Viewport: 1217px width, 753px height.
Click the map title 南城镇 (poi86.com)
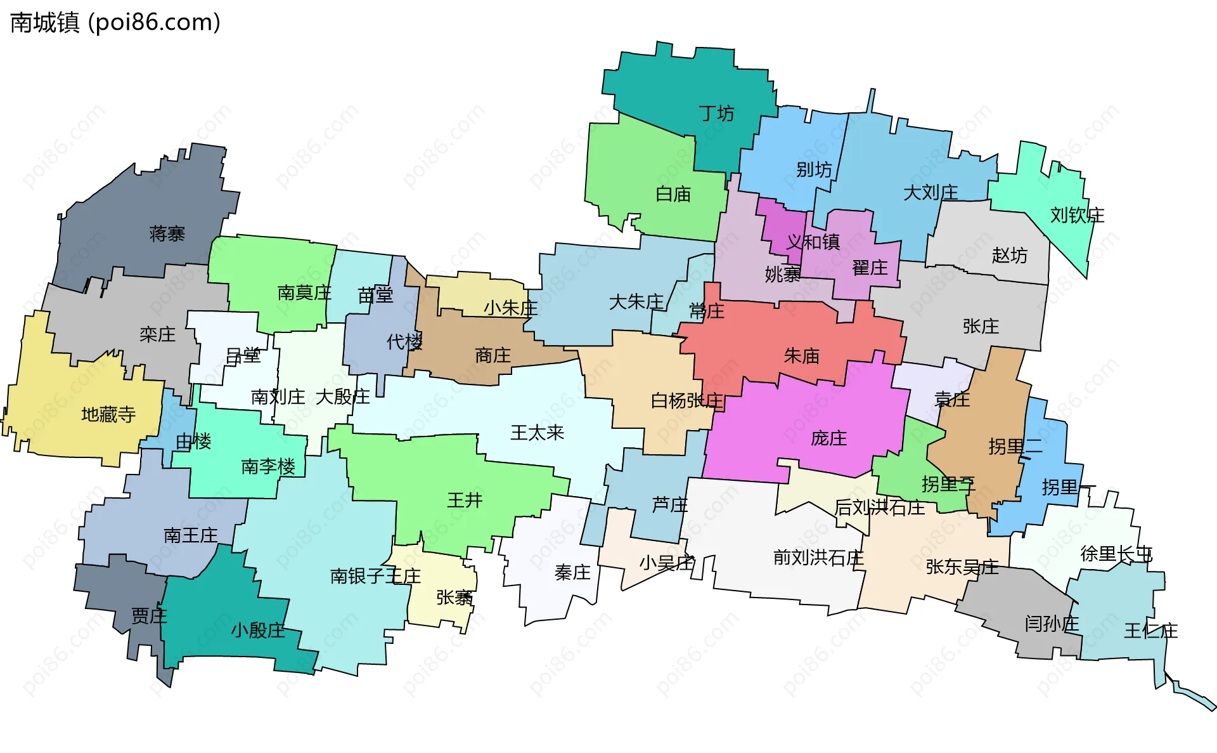pyautogui.click(x=115, y=23)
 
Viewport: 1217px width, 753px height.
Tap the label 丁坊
pyautogui.click(x=716, y=114)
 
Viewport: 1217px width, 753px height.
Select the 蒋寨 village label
pyautogui.click(x=167, y=234)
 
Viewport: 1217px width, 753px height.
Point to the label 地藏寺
pyautogui.click(x=108, y=415)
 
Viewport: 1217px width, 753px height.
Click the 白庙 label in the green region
pyautogui.click(x=673, y=194)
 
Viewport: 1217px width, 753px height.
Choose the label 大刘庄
pyautogui.click(x=930, y=192)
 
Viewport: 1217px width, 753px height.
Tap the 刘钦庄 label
pyautogui.click(x=1077, y=216)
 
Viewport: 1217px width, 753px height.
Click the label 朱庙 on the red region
pyautogui.click(x=802, y=356)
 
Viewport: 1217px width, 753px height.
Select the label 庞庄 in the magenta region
pyautogui.click(x=828, y=438)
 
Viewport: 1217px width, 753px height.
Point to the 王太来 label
pyautogui.click(x=538, y=433)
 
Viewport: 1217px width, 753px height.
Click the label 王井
pyautogui.click(x=465, y=501)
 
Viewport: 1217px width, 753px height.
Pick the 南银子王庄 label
pyautogui.click(x=375, y=576)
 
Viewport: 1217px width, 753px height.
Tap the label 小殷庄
pyautogui.click(x=258, y=631)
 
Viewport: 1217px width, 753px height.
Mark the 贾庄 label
pyautogui.click(x=149, y=616)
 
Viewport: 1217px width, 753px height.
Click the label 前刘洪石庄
pyautogui.click(x=818, y=558)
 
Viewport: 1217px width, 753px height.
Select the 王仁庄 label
pyautogui.click(x=1150, y=631)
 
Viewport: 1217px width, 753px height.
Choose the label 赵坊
pyautogui.click(x=1010, y=256)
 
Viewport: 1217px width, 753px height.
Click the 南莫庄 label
pyautogui.click(x=304, y=293)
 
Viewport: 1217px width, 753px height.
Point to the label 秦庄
pyautogui.click(x=572, y=573)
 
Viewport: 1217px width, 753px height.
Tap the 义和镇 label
pyautogui.click(x=813, y=242)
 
